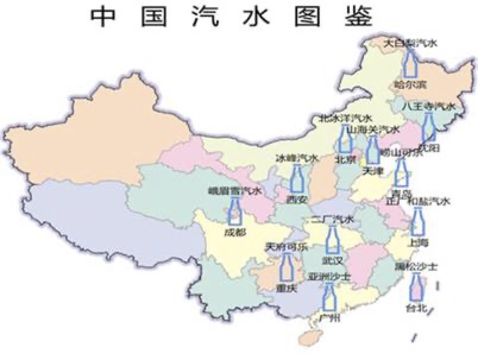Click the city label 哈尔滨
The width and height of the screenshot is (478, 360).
[x=407, y=84]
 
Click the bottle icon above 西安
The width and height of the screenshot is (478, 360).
[x=297, y=178]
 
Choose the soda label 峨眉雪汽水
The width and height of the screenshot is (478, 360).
[x=235, y=191]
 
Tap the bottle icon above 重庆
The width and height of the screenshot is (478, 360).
[x=287, y=268]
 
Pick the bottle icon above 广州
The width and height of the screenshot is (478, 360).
[x=329, y=297]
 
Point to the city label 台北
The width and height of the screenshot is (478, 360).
[x=416, y=308]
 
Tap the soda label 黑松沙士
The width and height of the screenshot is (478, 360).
[x=416, y=267]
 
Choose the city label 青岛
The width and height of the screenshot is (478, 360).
[x=402, y=194]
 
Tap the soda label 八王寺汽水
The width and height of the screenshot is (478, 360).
[x=427, y=106]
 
